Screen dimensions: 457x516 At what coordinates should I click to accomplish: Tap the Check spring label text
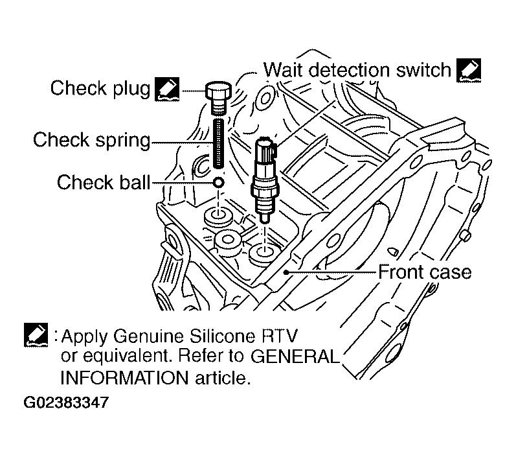[91, 139]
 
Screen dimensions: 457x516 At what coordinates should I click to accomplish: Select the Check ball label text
[103, 182]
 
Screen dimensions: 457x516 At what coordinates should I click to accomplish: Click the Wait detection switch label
[357, 69]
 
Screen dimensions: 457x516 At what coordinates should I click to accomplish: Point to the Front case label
[424, 271]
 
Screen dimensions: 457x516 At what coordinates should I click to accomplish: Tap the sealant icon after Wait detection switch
[467, 69]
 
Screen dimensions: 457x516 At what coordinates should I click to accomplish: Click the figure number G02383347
[65, 402]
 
